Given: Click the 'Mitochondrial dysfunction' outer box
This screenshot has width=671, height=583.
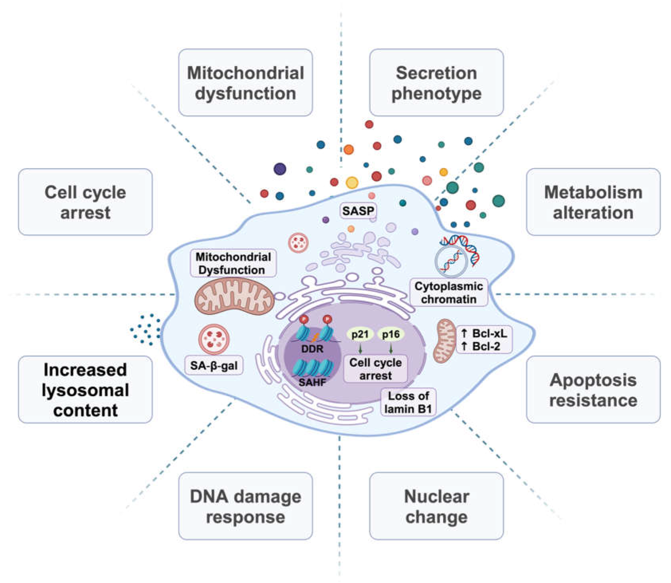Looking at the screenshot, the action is (246, 82).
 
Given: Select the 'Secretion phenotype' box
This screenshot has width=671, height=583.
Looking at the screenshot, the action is (437, 82).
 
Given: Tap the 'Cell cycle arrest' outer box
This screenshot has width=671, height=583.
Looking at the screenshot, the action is (85, 202).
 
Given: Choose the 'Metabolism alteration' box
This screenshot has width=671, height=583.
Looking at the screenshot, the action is (593, 202).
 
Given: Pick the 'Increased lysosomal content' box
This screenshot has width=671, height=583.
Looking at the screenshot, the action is (85, 389).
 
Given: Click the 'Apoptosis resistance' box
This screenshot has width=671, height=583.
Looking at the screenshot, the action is (593, 389).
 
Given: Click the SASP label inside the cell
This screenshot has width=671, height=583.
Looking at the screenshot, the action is (358, 211).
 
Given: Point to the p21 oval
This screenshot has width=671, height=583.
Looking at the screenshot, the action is (360, 334).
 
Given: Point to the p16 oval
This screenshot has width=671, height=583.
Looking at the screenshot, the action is (391, 334).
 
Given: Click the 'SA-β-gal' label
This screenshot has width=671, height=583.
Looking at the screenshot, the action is (214, 365).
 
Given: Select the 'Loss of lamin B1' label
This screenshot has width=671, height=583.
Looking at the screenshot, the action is (408, 402).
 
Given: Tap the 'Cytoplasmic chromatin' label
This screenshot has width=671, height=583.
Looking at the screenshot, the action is (449, 292).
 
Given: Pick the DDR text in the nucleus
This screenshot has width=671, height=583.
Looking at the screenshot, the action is (312, 349).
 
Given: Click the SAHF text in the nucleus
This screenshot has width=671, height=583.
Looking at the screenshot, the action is (312, 382).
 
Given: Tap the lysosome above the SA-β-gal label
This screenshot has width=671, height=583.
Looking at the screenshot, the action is (214, 339).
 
